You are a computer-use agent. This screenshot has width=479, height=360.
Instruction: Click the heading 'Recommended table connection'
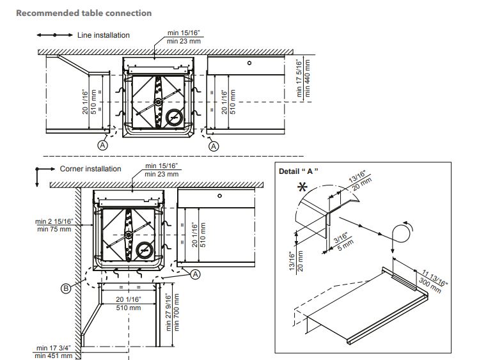pyautogui.click(x=84, y=13)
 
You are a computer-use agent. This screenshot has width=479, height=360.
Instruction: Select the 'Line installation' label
pyautogui.click(x=104, y=35)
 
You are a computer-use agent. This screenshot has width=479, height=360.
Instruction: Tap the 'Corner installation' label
pyautogui.click(x=90, y=169)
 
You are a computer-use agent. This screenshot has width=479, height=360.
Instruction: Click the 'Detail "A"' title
pyautogui.click(x=299, y=171)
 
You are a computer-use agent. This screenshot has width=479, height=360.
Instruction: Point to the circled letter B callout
pyautogui.click(x=65, y=288)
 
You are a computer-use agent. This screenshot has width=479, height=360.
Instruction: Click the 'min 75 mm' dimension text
pyautogui.click(x=54, y=228)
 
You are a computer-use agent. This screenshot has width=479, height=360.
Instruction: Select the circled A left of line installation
pyautogui.click(x=102, y=146)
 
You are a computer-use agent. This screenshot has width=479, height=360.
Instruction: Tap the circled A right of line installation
pyautogui.click(x=214, y=146)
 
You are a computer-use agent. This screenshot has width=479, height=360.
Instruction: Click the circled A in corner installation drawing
pyautogui.click(x=196, y=273)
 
